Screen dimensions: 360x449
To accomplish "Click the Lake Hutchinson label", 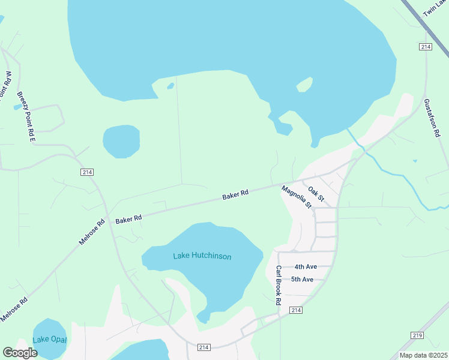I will (x=202, y=256).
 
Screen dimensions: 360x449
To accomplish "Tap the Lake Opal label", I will (x=50, y=340).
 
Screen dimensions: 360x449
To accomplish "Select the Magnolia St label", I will (x=297, y=197).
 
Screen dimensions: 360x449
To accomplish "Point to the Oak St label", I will (x=316, y=194).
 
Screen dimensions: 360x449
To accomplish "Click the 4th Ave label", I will (x=305, y=267).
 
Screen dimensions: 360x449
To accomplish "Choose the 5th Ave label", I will (x=302, y=280).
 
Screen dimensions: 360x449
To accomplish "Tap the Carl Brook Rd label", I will (x=279, y=286).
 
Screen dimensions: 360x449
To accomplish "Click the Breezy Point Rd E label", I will (x=26, y=116).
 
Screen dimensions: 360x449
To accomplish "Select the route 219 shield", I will (x=417, y=335).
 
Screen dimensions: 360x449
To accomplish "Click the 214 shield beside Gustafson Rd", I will (x=426, y=46).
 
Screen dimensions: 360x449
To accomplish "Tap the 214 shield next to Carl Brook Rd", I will (x=295, y=310).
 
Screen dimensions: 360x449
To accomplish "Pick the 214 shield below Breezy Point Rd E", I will (x=87, y=172).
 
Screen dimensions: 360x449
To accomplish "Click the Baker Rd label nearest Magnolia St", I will (x=235, y=195).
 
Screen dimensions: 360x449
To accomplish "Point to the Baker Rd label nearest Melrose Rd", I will (x=128, y=220).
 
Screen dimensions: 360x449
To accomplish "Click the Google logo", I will (x=20, y=353).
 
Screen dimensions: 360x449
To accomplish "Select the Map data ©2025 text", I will (x=423, y=355).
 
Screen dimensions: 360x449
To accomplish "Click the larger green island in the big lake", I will (x=304, y=84).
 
